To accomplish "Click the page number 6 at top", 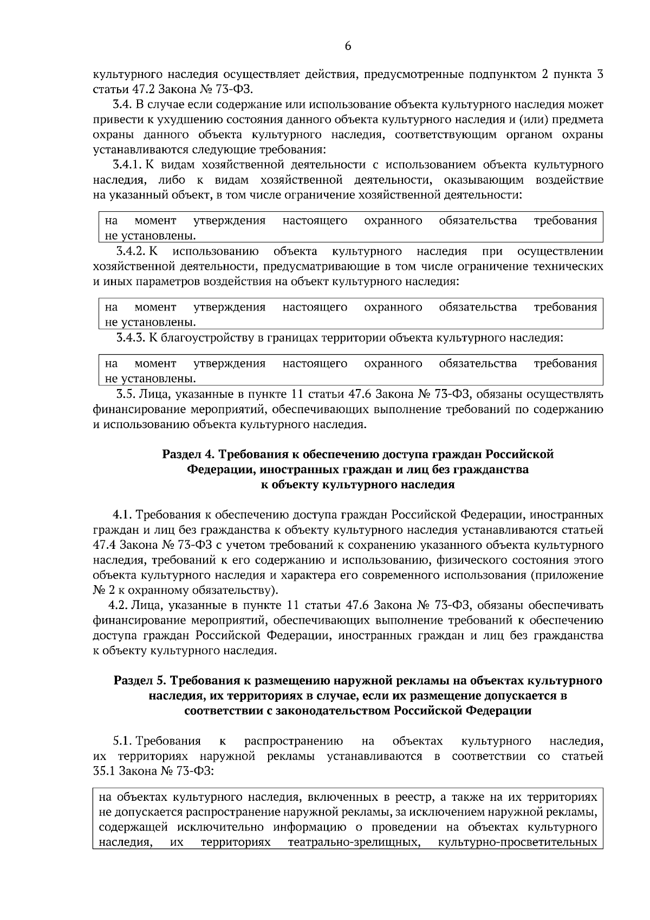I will (x=348, y=47).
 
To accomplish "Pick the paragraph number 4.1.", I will (x=122, y=514).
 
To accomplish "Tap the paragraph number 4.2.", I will (x=119, y=605).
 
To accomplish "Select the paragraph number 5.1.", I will (x=122, y=741).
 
